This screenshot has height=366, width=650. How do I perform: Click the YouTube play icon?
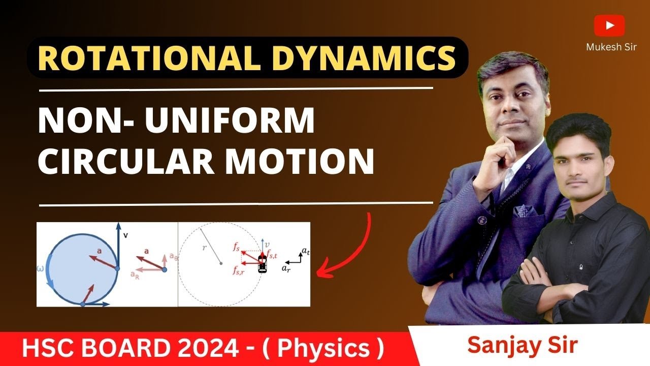pyautogui.click(x=609, y=25)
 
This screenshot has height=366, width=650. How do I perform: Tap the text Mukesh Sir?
pyautogui.click(x=611, y=47)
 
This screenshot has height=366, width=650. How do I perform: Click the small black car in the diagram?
pyautogui.click(x=262, y=264)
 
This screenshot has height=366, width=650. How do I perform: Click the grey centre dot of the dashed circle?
pyautogui.click(x=220, y=263)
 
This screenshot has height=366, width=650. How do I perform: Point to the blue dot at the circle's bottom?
pyautogui.click(x=83, y=304)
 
